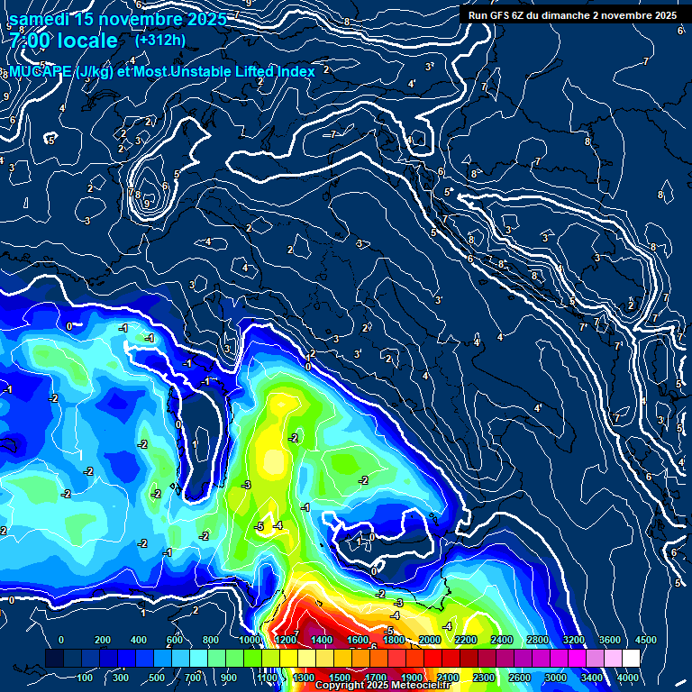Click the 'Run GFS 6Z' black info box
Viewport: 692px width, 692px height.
573,14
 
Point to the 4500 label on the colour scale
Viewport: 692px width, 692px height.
646,640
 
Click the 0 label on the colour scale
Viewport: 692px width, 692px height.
60,640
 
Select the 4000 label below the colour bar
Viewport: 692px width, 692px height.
628,678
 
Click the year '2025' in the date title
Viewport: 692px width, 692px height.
202,19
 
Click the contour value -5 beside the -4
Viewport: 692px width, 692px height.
259,526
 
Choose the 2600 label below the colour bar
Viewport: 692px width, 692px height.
520,678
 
